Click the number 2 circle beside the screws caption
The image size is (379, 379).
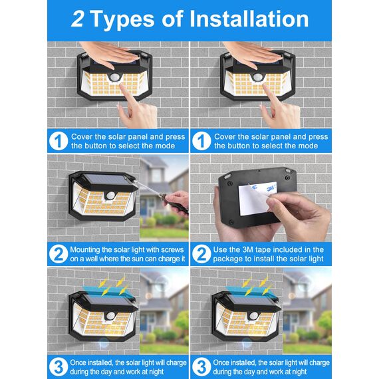click(x=57, y=253)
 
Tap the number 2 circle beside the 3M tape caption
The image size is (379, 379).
click(x=201, y=253)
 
